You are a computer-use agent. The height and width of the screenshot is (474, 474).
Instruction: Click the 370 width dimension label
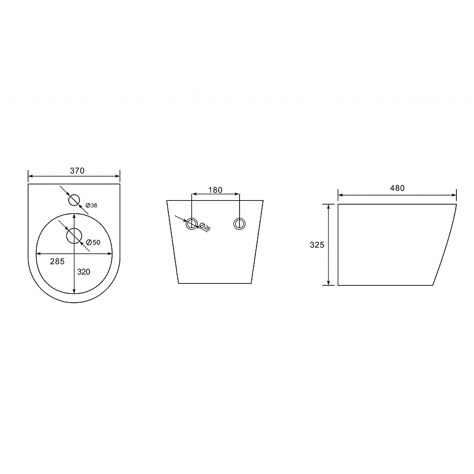[77, 171]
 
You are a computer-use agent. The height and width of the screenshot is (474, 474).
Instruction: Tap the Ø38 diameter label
[91, 206]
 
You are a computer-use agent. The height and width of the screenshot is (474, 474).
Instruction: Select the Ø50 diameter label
[93, 242]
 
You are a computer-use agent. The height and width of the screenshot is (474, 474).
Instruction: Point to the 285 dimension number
[57, 261]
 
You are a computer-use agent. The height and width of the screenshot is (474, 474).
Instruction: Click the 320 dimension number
[84, 272]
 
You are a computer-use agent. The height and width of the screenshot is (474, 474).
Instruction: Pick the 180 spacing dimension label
[215, 190]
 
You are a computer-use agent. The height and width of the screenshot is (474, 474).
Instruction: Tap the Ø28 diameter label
[205, 227]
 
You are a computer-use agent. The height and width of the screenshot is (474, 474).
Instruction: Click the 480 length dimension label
[397, 188]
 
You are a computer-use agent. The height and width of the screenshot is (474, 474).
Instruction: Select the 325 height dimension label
[317, 245]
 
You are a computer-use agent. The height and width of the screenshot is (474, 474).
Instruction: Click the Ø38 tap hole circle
[74, 194]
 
